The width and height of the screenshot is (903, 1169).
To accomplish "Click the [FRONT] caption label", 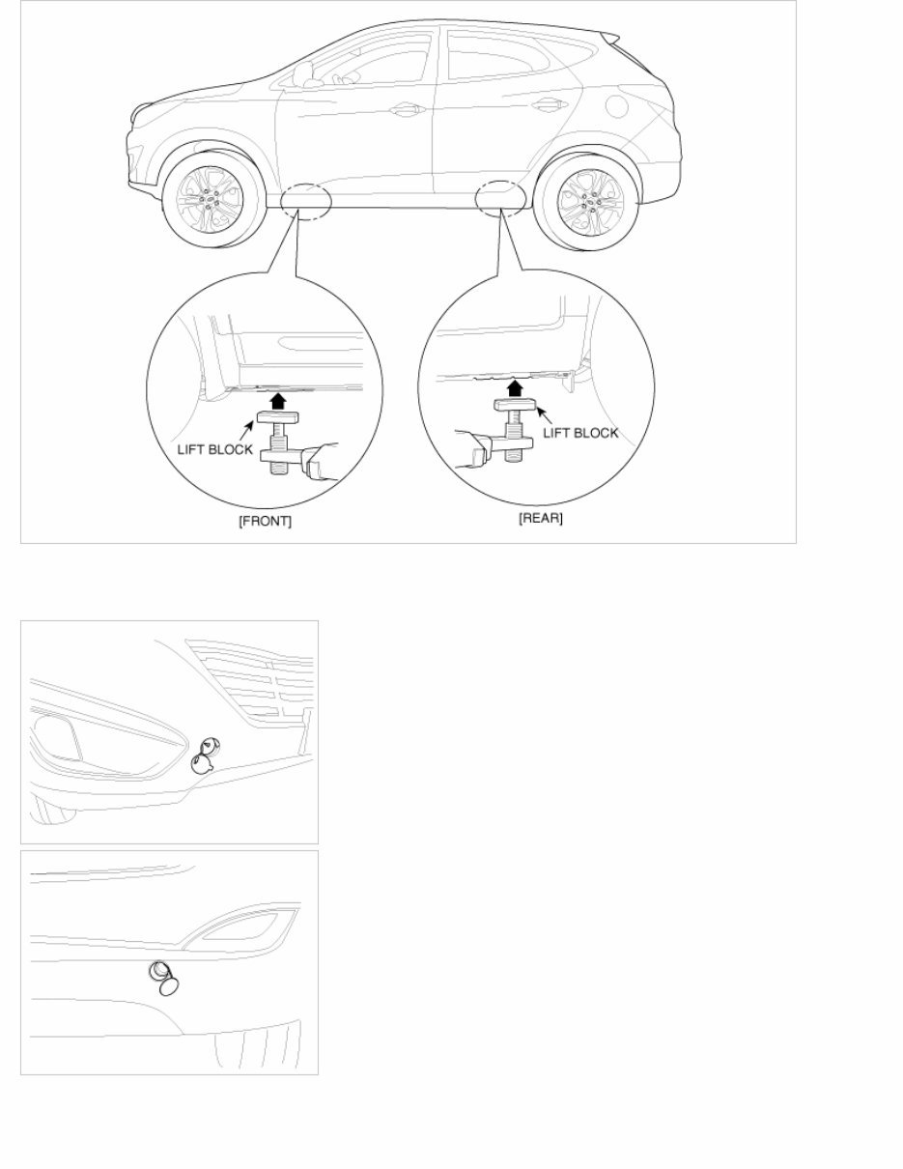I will [x=265, y=521].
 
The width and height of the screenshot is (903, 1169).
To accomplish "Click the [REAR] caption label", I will [x=541, y=518].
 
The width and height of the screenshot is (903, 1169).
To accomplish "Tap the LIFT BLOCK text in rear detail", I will [x=579, y=433].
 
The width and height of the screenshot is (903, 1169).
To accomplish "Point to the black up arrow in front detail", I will [x=278, y=399].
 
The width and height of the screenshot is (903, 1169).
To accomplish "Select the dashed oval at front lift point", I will [x=306, y=199].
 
